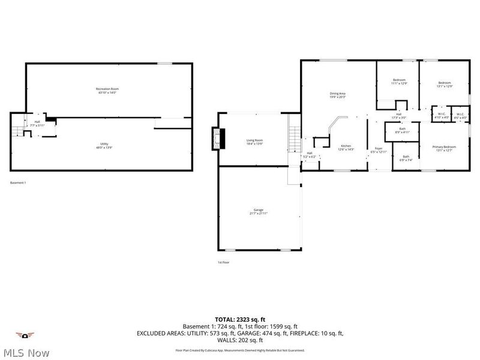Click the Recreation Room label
tap(106, 91)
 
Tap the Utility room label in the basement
tap(104, 145)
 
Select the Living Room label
tap(254, 142)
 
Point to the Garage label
tap(258, 211)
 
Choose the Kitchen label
tap(346, 147)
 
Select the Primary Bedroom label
tap(444, 148)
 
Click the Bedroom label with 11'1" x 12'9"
tap(399, 82)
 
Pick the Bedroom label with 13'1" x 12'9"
tap(444, 84)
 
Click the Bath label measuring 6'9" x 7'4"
tap(406, 158)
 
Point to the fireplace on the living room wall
tap(215, 139)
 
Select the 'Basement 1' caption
tap(18, 182)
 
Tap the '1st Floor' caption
tap(223, 262)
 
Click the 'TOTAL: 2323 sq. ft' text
tap(240, 319)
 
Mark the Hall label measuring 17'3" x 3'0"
tap(398, 116)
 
